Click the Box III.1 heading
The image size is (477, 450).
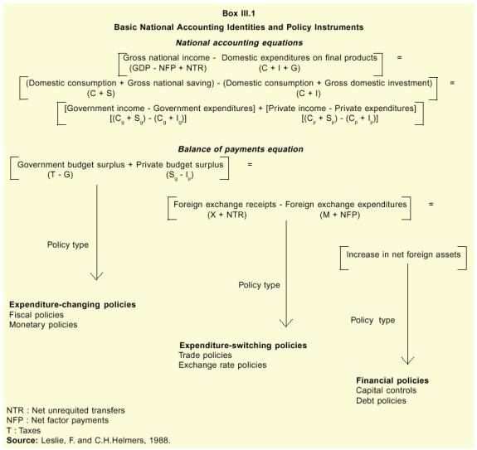pos(239,13)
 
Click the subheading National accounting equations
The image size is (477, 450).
pos(239,43)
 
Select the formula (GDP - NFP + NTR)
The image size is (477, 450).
pos(168,68)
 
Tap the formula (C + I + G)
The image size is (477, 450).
pos(280,68)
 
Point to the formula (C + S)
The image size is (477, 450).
pos(101,94)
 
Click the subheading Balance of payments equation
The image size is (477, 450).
pos(241,149)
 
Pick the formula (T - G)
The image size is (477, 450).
pos(61,175)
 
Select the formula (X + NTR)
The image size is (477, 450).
pos(227,215)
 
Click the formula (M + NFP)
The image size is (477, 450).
pos(340,215)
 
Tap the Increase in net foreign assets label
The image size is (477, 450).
pos(403,254)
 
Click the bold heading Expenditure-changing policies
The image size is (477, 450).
pos(72,305)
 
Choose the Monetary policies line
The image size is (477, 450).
pos(43,325)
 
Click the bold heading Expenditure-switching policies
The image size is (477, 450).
pos(243,346)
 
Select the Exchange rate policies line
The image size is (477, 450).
pos(222,365)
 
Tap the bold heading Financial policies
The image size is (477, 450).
pos(392,380)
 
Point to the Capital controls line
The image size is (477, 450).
pos(386,390)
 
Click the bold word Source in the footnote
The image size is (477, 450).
pos(22,440)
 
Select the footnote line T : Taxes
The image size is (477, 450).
pos(23,431)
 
